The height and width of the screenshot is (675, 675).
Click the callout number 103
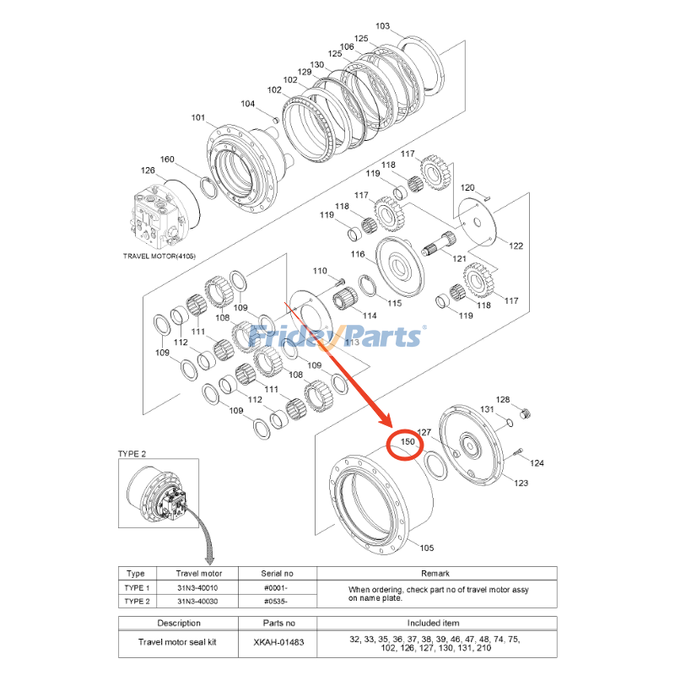coord(382,26)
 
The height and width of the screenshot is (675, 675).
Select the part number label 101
coord(197,118)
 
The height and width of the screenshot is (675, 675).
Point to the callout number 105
coord(427,548)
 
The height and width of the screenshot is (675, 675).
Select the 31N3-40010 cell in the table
coord(197,587)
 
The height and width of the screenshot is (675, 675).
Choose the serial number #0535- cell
coord(272,601)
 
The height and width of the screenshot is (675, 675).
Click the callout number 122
coord(516,245)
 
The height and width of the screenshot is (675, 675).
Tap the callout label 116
coord(358,254)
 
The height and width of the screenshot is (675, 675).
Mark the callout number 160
coord(167,159)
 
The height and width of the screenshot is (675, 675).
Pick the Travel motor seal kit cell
coord(178,642)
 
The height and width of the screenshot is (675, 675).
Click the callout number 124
coord(537,463)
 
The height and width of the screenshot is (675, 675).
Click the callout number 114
coord(370,315)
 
